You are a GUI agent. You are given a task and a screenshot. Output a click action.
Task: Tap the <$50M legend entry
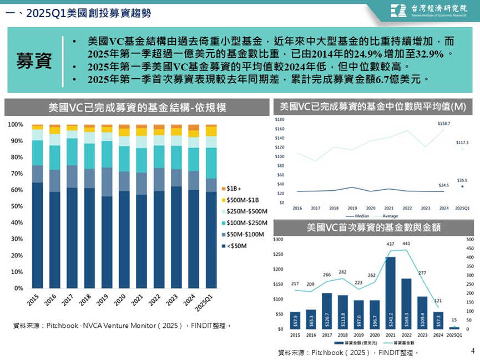[238, 245]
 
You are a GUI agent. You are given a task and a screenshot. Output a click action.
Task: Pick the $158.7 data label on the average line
[444, 123]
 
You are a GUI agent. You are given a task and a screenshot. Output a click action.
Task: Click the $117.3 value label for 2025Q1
[462, 143]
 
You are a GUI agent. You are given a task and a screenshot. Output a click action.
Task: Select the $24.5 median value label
[444, 185]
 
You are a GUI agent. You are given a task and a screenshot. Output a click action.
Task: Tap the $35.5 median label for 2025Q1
[462, 180]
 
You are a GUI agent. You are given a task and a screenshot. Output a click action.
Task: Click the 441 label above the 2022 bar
[407, 244]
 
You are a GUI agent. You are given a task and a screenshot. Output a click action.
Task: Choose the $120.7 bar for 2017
[327, 311]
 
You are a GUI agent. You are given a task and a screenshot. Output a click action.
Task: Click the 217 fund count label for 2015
[294, 284]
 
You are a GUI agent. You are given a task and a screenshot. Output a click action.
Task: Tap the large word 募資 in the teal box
[34, 61]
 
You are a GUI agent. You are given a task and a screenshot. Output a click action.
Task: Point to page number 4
[472, 351]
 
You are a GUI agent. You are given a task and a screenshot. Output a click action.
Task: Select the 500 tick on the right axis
[469, 240]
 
